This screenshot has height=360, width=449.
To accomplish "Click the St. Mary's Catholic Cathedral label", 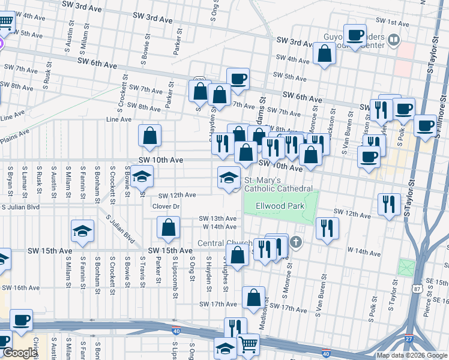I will point(278,184).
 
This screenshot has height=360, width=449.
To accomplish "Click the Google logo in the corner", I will point(19,353).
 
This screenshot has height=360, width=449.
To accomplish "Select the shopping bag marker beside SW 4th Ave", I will point(324,54).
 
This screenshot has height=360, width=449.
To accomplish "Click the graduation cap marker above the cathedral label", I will point(228,178).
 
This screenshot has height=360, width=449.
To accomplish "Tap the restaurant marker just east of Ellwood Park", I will point(327,228).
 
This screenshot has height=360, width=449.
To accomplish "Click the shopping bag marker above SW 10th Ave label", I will point(150,136).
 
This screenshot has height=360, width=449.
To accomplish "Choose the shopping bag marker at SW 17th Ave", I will point(254,298).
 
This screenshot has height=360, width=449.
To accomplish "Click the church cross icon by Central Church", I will point(295,242).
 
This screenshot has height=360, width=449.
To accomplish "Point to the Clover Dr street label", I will point(166,206).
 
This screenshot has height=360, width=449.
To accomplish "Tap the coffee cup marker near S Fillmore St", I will point(425,126).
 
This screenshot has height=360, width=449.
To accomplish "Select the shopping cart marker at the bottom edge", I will point(249,344).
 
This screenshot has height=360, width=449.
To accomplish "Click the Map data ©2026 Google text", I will point(411,355).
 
